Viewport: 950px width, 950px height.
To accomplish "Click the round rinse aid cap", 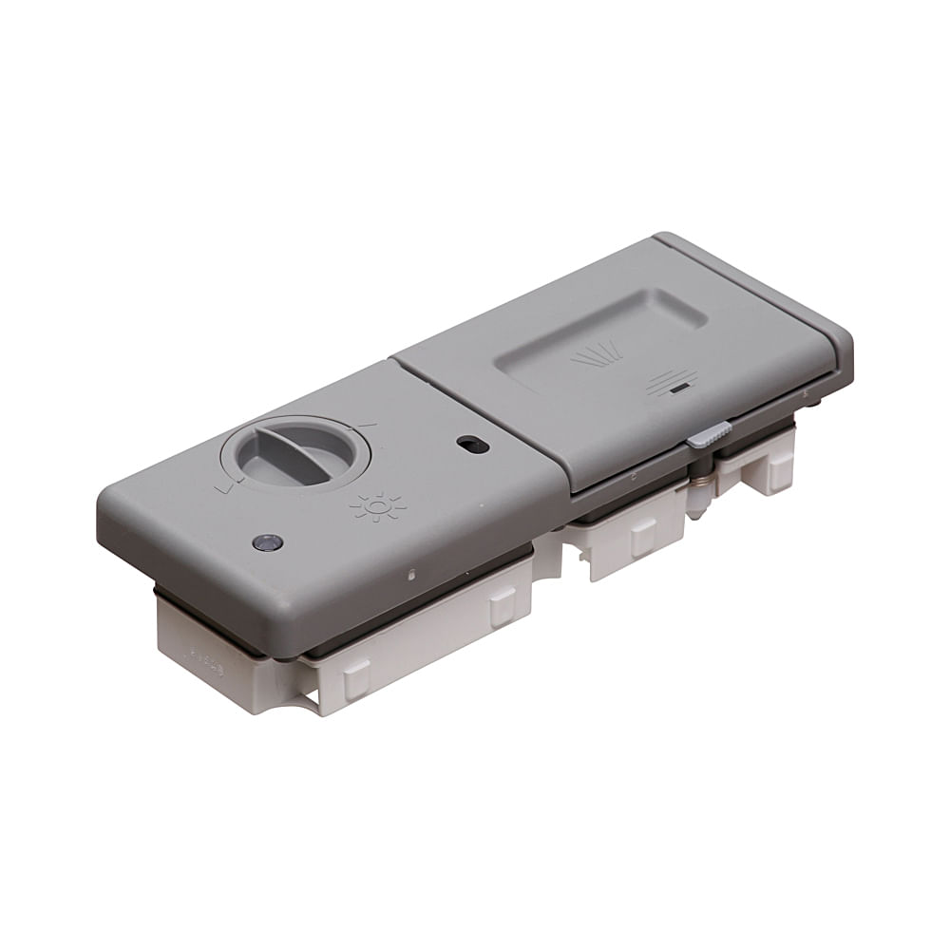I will tap(295, 452).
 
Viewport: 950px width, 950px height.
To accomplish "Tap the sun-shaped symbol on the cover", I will tap(377, 507).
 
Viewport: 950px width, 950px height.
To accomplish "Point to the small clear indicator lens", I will tap(267, 542).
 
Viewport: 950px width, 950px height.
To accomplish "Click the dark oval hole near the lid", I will tap(472, 444).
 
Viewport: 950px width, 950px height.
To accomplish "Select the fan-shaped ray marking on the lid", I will tap(597, 356).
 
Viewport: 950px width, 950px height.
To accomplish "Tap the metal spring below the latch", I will tap(700, 490).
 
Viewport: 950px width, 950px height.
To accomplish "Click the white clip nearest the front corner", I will tap(356, 678).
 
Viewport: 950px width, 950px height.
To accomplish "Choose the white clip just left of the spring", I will tap(643, 538).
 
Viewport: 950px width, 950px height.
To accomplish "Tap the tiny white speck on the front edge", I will tap(411, 574).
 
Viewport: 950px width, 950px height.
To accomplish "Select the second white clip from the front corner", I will tap(503, 606).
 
